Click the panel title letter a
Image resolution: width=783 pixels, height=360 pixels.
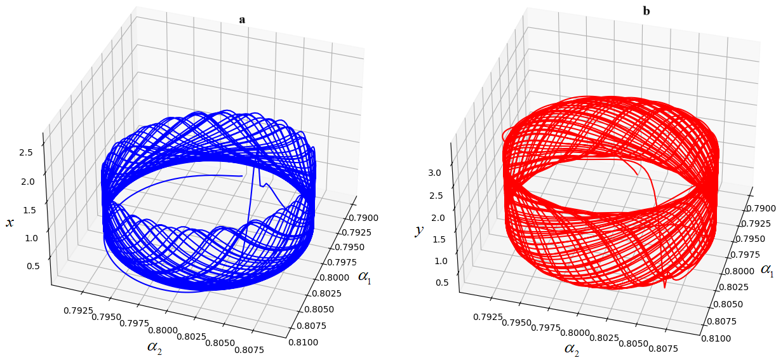(x=242, y=20)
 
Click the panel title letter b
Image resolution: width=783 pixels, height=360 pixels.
(x=646, y=11)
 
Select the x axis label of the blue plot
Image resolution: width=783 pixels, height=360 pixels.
(x=10, y=222)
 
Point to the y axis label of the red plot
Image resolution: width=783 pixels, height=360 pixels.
(x=418, y=230)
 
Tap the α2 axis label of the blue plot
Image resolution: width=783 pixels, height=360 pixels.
(x=154, y=347)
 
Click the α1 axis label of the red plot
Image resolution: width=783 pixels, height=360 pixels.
(x=767, y=270)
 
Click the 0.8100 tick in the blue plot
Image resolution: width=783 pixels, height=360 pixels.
(x=302, y=343)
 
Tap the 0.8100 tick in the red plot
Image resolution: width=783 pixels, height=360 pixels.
(x=716, y=338)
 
